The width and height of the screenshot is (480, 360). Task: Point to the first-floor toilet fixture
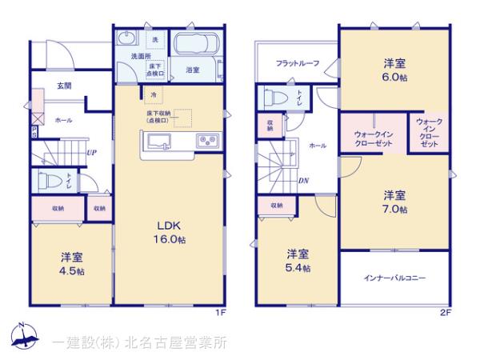pos(47,180)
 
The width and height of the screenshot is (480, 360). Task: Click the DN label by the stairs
pos(304,180)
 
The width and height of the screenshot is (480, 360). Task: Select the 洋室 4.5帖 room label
pos(71,263)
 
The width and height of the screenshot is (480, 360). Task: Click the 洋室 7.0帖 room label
pos(393,202)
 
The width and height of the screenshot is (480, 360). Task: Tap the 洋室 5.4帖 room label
pos(299,260)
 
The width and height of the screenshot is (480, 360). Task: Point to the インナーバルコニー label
pos(394,278)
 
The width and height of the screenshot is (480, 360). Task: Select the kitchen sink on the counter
pos(157,142)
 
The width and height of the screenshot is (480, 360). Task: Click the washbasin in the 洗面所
pos(126,39)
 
